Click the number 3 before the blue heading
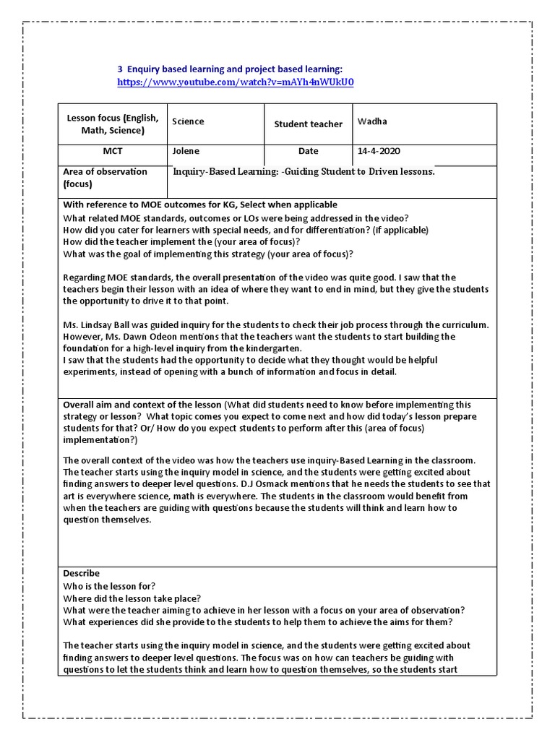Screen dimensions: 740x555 [x=120, y=68]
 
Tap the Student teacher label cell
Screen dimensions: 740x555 [x=308, y=124]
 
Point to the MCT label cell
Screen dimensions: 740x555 [x=113, y=152]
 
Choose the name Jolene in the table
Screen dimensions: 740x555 [x=185, y=152]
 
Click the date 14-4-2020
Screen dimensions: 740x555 [x=379, y=152]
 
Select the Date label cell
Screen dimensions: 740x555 [x=308, y=152]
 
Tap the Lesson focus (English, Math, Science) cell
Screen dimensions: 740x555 [x=113, y=124]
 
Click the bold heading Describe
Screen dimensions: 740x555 [x=82, y=573]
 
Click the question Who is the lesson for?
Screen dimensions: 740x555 [x=109, y=585]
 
